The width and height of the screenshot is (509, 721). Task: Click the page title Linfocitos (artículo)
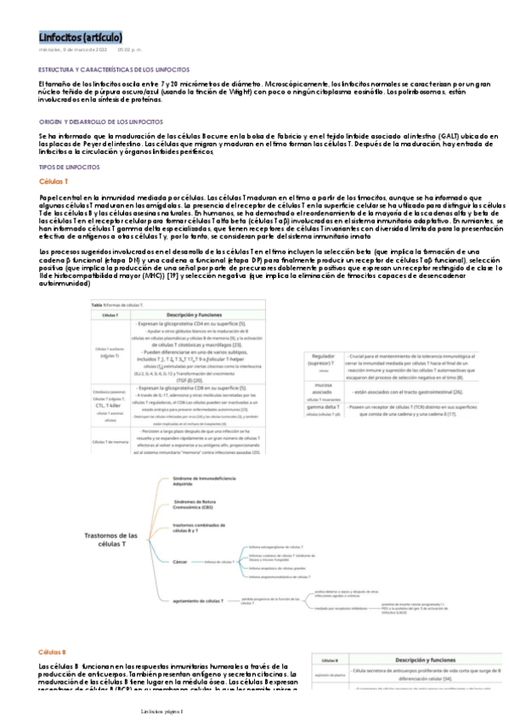81,37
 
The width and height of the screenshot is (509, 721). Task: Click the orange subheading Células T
54,182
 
